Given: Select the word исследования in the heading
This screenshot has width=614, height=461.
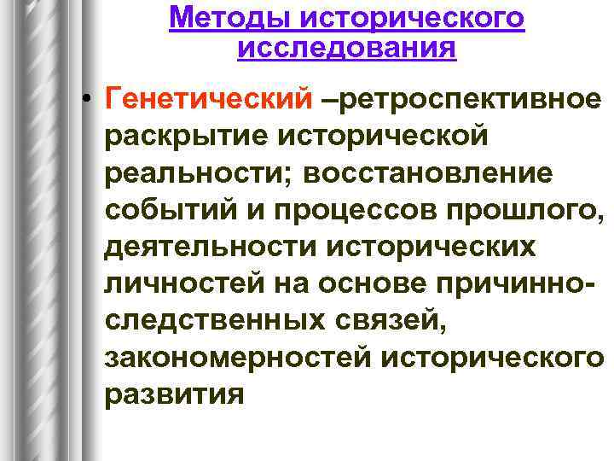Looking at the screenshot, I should (x=346, y=48).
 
